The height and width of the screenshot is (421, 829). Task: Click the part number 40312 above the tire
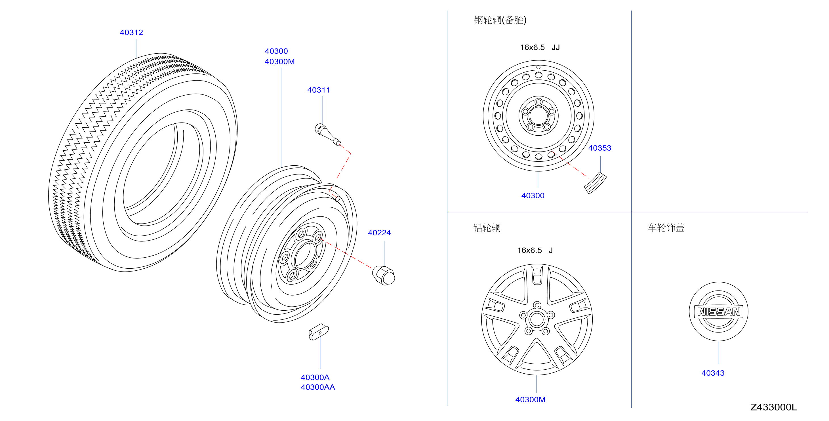click(131, 33)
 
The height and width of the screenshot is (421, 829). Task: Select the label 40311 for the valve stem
click(319, 90)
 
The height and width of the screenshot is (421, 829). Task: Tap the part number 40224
click(379, 233)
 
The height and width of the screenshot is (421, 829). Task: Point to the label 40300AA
click(318, 387)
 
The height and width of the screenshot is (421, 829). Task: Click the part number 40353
click(599, 148)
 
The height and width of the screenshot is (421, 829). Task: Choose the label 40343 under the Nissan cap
click(713, 373)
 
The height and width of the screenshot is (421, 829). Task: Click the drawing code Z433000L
click(774, 407)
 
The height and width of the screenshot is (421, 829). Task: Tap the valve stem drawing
click(328, 134)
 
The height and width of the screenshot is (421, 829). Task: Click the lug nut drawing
click(384, 275)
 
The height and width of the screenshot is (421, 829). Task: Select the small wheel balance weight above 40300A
click(319, 332)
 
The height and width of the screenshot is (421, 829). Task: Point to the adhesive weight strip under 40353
click(595, 183)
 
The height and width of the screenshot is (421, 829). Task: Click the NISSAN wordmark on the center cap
click(719, 311)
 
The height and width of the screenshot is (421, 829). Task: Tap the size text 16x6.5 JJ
click(540, 47)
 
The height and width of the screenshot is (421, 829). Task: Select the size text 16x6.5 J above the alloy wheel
click(535, 251)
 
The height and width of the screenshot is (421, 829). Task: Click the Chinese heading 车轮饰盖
click(666, 228)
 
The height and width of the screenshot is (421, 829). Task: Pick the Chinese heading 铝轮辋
click(487, 228)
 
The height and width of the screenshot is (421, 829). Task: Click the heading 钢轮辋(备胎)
click(500, 20)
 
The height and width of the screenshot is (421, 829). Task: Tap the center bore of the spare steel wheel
click(538, 115)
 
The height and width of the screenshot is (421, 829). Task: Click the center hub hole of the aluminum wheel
click(536, 320)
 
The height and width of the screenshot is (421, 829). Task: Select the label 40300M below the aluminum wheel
click(530, 400)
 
